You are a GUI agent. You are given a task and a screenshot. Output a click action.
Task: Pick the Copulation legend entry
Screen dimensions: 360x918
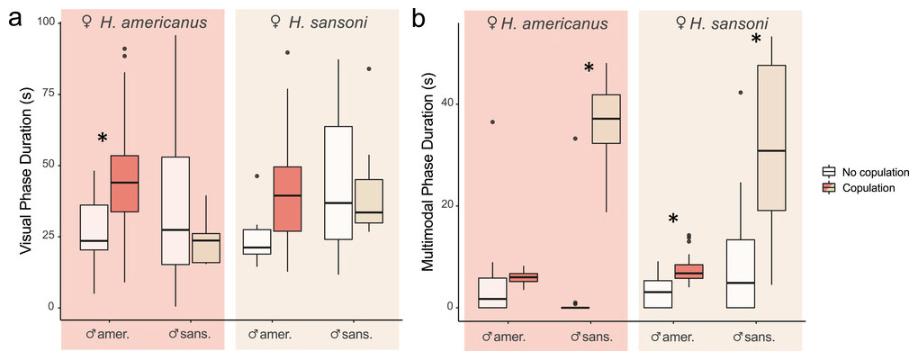pyautogui.click(x=862, y=187)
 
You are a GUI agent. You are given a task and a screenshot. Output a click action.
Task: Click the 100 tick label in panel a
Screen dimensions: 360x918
pyautogui.click(x=41, y=22)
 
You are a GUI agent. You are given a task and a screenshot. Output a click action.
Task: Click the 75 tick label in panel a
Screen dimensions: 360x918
pyautogui.click(x=44, y=94)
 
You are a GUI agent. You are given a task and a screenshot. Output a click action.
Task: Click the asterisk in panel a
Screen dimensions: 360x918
pyautogui.click(x=103, y=139)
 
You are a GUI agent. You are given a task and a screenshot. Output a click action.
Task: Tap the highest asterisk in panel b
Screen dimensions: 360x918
pyautogui.click(x=756, y=40)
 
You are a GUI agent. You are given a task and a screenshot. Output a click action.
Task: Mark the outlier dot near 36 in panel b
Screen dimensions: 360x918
pyautogui.click(x=491, y=121)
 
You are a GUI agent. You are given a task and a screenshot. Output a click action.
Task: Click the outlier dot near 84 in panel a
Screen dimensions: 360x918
pyautogui.click(x=368, y=68)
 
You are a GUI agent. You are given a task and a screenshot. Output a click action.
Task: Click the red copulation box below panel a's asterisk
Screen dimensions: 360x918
pyautogui.click(x=124, y=184)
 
